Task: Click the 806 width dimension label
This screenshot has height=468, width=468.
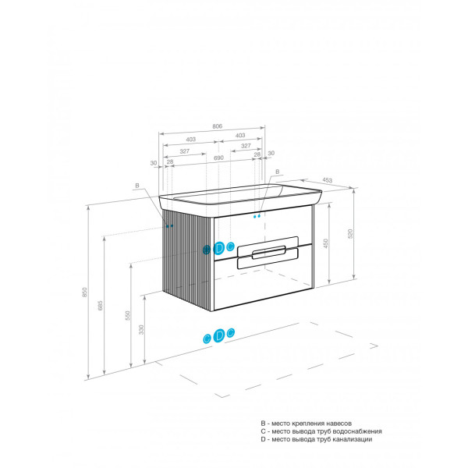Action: pyautogui.click(x=218, y=126)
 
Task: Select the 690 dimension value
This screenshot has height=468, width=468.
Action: pyautogui.click(x=218, y=158)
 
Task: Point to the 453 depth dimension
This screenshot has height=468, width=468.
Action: pyautogui.click(x=327, y=180)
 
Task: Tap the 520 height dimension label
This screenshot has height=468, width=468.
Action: pyautogui.click(x=350, y=233)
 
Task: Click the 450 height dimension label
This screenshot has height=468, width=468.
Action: pyautogui.click(x=325, y=243)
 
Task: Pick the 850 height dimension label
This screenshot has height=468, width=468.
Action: pyautogui.click(x=85, y=292)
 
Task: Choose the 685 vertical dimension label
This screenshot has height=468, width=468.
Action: pyautogui.click(x=101, y=305)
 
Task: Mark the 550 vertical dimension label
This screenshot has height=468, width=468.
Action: pyautogui.click(x=128, y=315)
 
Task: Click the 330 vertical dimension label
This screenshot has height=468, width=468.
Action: pyautogui.click(x=141, y=329)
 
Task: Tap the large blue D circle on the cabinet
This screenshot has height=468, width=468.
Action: pyautogui.click(x=218, y=248)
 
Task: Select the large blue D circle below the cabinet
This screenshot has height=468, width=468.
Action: pyautogui.click(x=218, y=335)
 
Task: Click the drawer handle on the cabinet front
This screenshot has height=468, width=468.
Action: pyautogui.click(x=268, y=253)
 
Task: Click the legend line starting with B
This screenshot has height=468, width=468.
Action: pyautogui.click(x=307, y=424)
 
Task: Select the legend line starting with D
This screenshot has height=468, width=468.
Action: pyautogui.click(x=317, y=439)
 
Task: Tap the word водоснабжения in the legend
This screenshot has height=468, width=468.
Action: pyautogui.click(x=357, y=431)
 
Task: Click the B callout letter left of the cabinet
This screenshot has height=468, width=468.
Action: pyautogui.click(x=137, y=186)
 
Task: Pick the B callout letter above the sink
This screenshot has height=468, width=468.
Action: pyautogui.click(x=277, y=172)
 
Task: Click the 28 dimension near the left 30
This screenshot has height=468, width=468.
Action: pyautogui.click(x=170, y=161)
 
